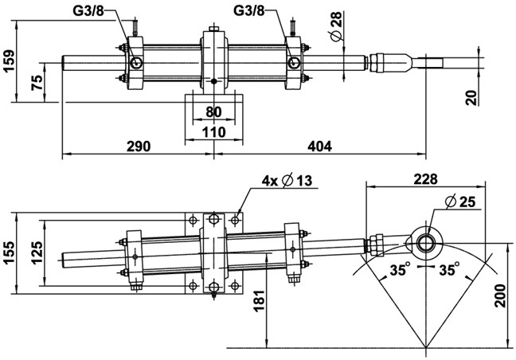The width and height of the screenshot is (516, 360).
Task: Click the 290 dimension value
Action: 139,146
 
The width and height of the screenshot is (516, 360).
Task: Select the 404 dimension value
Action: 319,146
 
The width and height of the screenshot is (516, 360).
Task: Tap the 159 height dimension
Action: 8,61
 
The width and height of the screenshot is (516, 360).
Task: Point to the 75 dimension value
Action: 37,83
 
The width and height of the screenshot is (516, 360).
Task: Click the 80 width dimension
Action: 214,112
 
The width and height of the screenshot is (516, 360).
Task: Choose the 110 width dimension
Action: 214,132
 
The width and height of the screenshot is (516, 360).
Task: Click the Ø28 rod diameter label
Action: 337,26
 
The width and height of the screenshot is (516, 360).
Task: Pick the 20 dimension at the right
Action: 471,98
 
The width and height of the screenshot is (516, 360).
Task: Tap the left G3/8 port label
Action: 88,11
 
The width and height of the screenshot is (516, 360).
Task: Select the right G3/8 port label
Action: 248,11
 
